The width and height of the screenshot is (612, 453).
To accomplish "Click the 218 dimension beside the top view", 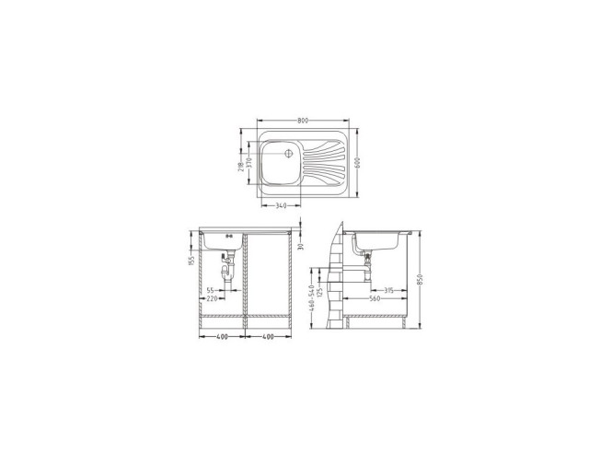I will coord(240,167).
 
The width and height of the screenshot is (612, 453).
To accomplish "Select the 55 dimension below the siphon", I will coord(210,290).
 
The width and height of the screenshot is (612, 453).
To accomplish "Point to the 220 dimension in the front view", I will coord(211,299).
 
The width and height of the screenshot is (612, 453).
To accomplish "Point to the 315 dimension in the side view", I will coord(390,290).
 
